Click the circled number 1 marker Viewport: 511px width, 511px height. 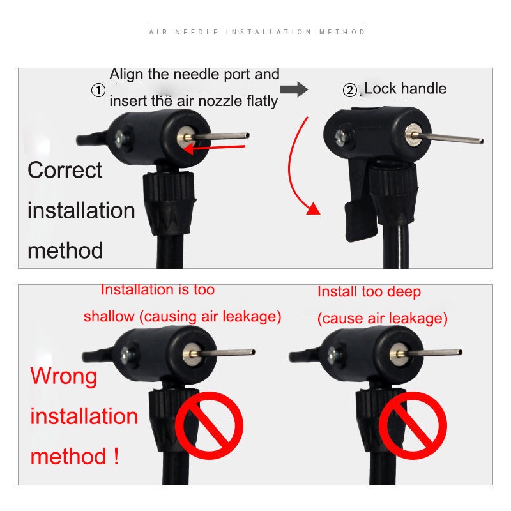(x=98, y=91)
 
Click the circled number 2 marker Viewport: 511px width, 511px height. (x=349, y=91)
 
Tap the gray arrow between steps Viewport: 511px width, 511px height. (x=294, y=89)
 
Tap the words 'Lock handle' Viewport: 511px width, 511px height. (x=405, y=89)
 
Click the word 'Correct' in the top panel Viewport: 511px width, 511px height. (x=65, y=171)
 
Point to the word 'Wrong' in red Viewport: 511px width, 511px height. (x=64, y=376)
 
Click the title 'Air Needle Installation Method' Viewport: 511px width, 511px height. (x=257, y=32)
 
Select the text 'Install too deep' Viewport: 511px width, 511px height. (x=369, y=292)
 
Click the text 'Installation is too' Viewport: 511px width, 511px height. (x=158, y=290)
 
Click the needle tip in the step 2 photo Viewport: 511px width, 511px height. (x=480, y=141)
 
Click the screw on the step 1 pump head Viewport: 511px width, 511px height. (x=121, y=137)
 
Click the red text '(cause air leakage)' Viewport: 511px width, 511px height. (x=382, y=318)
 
